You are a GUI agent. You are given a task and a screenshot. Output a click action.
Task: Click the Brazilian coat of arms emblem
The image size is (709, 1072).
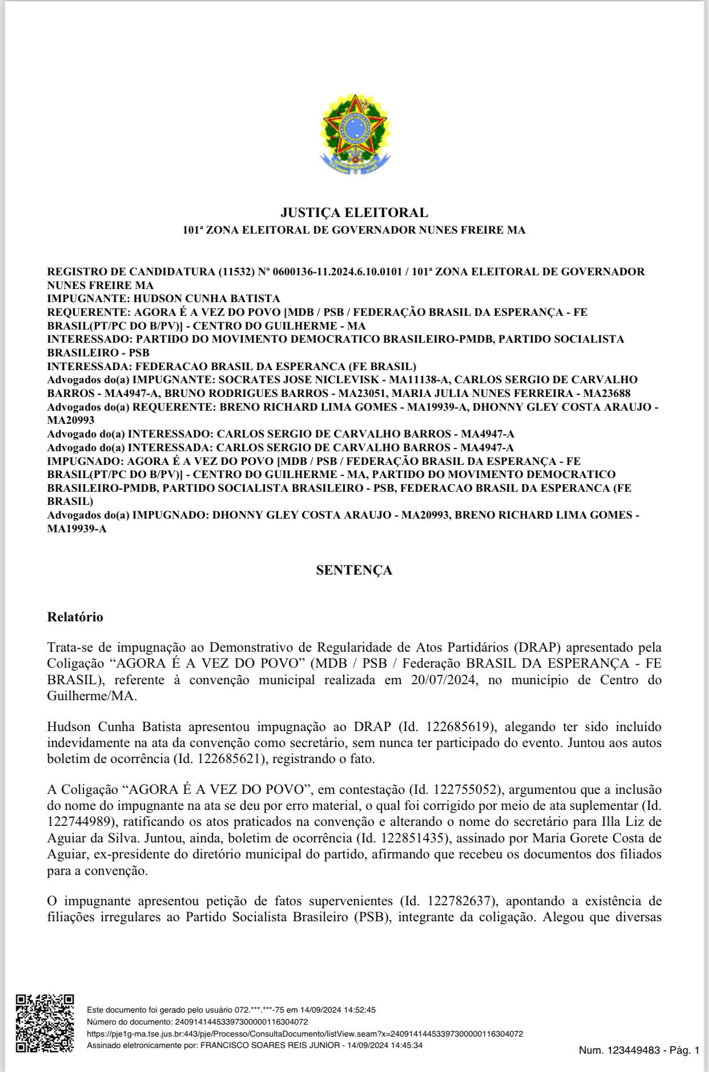[x=355, y=135]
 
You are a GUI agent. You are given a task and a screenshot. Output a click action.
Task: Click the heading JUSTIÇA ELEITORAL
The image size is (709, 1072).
[x=354, y=212]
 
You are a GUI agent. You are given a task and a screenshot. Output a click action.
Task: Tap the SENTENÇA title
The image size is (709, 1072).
[x=354, y=570]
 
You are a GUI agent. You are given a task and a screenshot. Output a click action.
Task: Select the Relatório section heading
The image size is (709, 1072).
[x=75, y=617]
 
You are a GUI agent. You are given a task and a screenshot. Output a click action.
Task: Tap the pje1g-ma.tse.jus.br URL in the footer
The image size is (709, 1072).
[x=305, y=1034]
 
